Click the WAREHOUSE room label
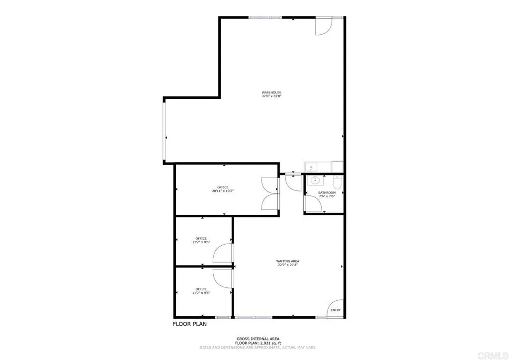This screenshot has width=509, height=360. (x=272, y=92)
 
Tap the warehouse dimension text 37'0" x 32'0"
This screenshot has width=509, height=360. (x=272, y=96)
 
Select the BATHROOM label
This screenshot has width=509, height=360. (x=327, y=192)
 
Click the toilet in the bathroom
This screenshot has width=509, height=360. (x=337, y=181)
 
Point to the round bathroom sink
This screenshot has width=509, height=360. (x=314, y=181)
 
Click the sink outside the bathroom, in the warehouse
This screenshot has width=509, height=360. (x=310, y=167)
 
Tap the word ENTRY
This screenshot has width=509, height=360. (x=336, y=310)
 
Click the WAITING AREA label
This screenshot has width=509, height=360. (x=288, y=261)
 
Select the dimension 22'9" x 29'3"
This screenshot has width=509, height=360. (x=288, y=265)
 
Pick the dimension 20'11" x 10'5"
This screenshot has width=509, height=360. (x=223, y=191)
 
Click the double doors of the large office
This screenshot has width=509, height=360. (x=271, y=193)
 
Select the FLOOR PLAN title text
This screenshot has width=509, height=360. (x=190, y=324)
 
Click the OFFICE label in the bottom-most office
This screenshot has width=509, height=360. (x=201, y=289)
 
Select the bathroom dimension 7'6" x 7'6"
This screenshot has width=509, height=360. (x=327, y=196)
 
